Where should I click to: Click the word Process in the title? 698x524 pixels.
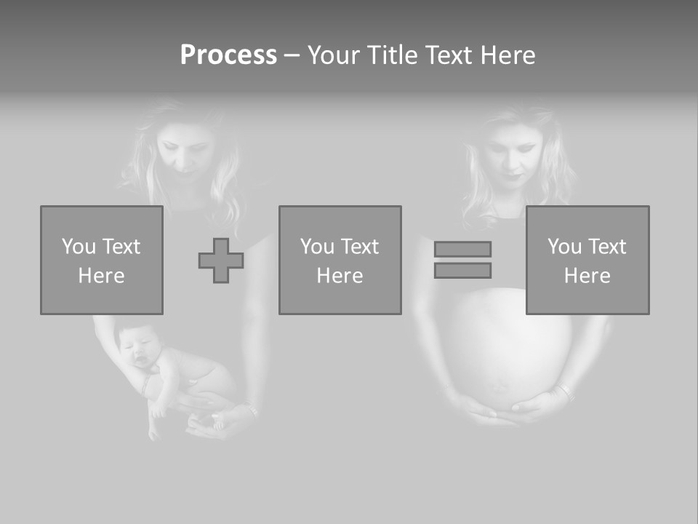pyautogui.click(x=228, y=55)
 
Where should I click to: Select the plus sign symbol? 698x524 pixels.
pyautogui.click(x=221, y=261)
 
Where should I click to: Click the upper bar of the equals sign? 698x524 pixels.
pyautogui.click(x=462, y=249)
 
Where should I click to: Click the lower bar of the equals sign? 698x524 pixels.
pyautogui.click(x=462, y=270)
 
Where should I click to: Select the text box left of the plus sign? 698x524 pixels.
pyautogui.click(x=101, y=261)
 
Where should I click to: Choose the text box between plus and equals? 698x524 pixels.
pyautogui.click(x=340, y=261)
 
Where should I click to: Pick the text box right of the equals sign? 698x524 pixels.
pyautogui.click(x=587, y=261)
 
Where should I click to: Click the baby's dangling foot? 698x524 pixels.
pyautogui.click(x=153, y=432)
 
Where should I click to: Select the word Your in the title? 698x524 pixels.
pyautogui.click(x=336, y=55)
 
